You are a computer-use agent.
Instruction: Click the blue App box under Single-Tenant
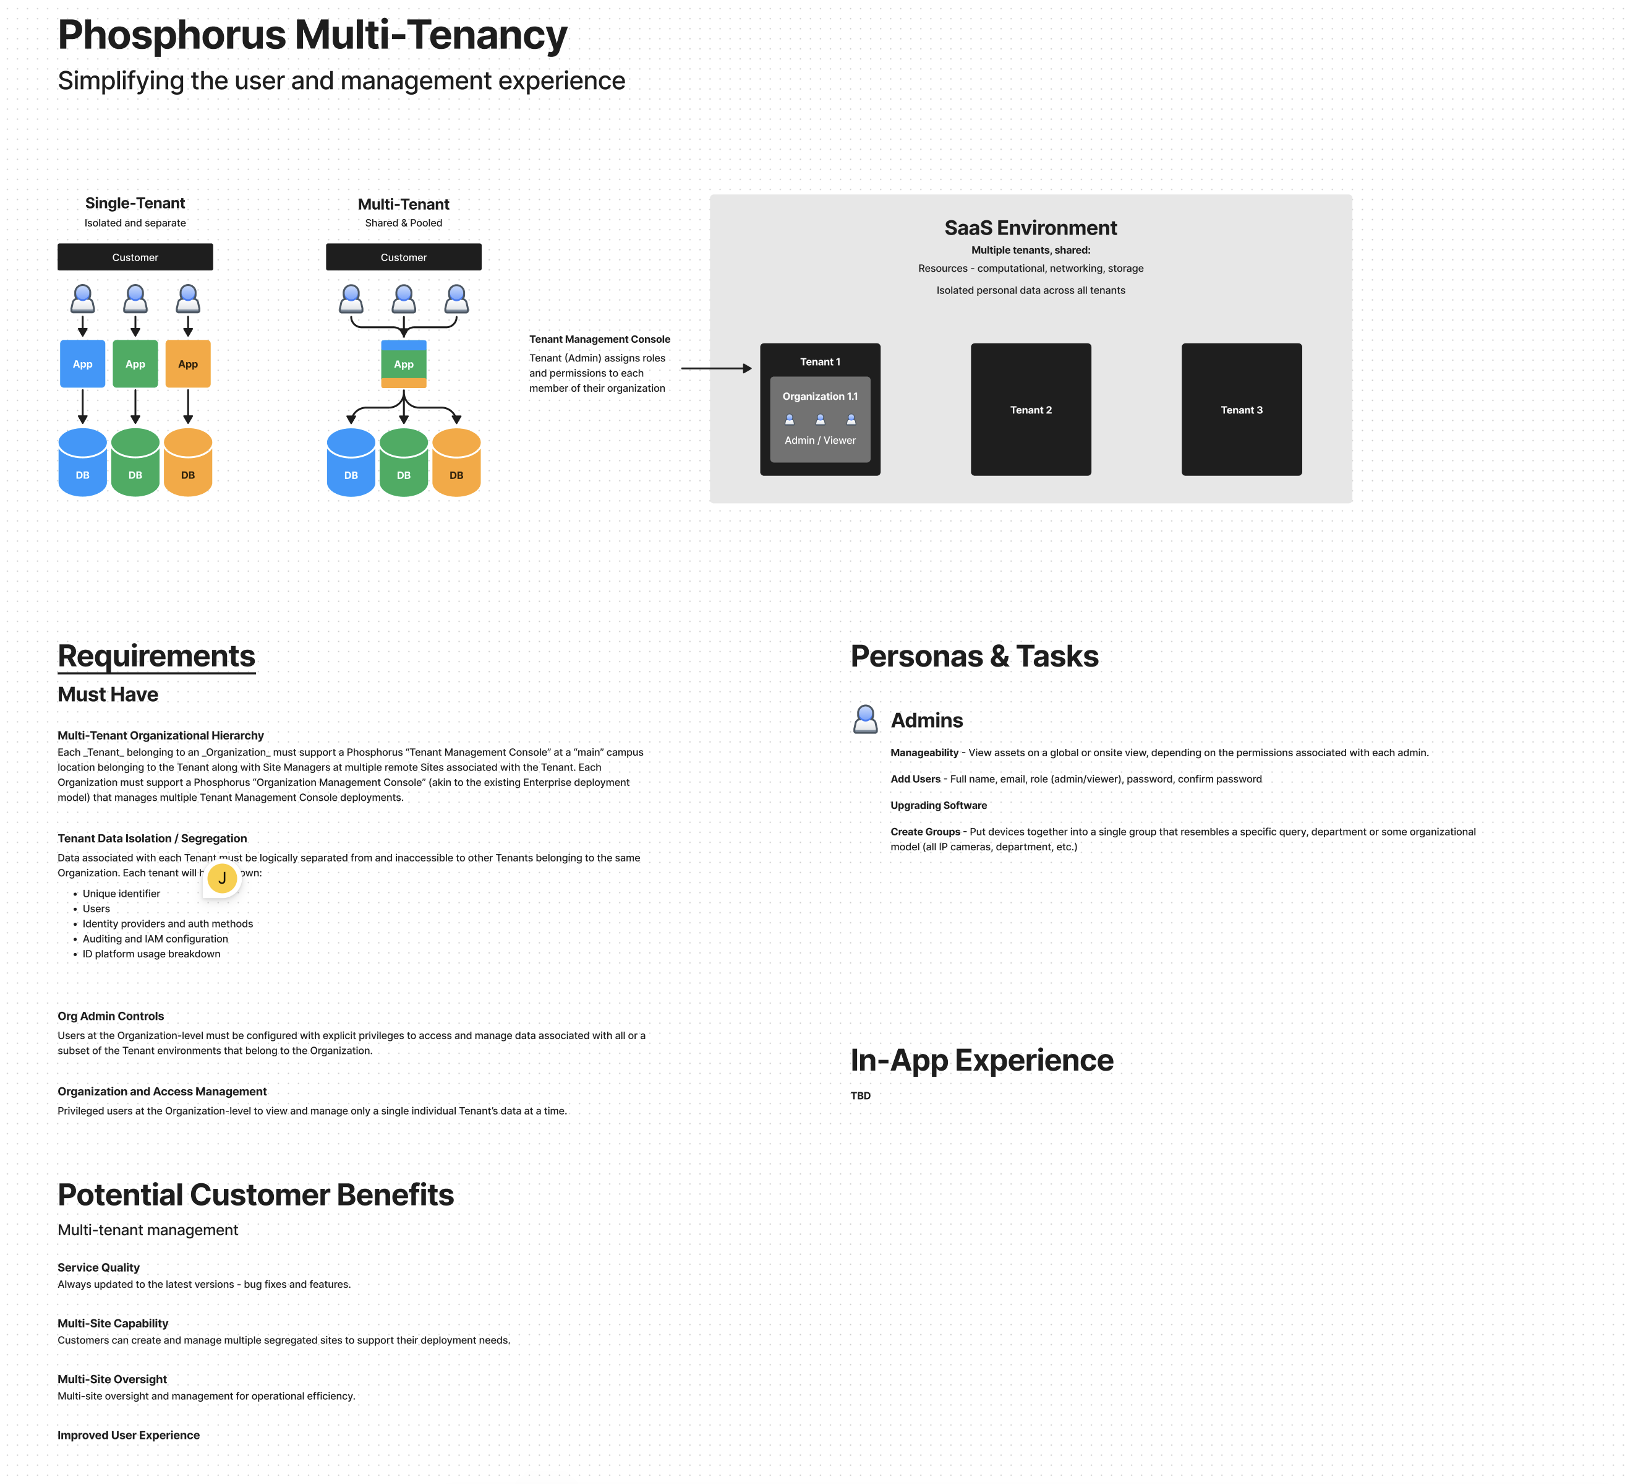82,364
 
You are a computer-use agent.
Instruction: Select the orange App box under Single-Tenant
188,364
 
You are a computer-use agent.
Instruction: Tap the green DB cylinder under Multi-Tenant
404,463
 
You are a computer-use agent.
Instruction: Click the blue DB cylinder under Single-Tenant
82,463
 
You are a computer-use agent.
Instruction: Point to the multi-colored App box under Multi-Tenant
404,364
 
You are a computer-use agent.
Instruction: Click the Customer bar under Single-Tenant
135,257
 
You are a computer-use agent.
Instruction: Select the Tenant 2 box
1031,410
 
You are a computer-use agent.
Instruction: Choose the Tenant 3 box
1242,410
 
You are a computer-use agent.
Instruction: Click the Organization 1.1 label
820,396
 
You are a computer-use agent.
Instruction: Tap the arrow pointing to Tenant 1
716,369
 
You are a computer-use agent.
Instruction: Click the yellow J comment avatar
223,878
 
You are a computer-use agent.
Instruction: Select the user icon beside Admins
865,720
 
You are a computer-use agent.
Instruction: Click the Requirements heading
156,657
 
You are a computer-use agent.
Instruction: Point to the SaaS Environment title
1030,228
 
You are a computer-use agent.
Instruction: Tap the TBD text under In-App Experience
860,1095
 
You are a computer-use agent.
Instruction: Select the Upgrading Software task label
938,805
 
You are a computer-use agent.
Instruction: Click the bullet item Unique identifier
121,894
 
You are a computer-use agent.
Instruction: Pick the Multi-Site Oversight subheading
112,1379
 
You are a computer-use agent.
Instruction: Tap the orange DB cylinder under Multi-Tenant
456,463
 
